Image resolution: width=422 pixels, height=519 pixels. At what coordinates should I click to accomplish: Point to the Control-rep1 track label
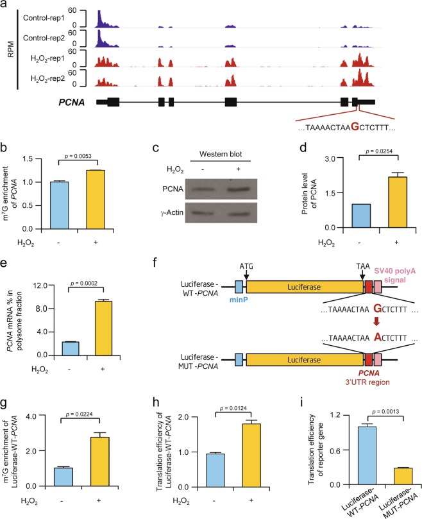[46, 16]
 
